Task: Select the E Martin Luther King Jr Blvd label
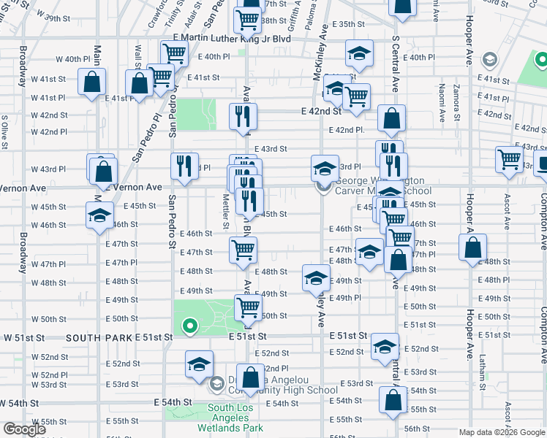point(232,38)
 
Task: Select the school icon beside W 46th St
point(99,215)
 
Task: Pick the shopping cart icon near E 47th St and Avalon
point(243,250)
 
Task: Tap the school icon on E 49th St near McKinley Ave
point(316,278)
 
